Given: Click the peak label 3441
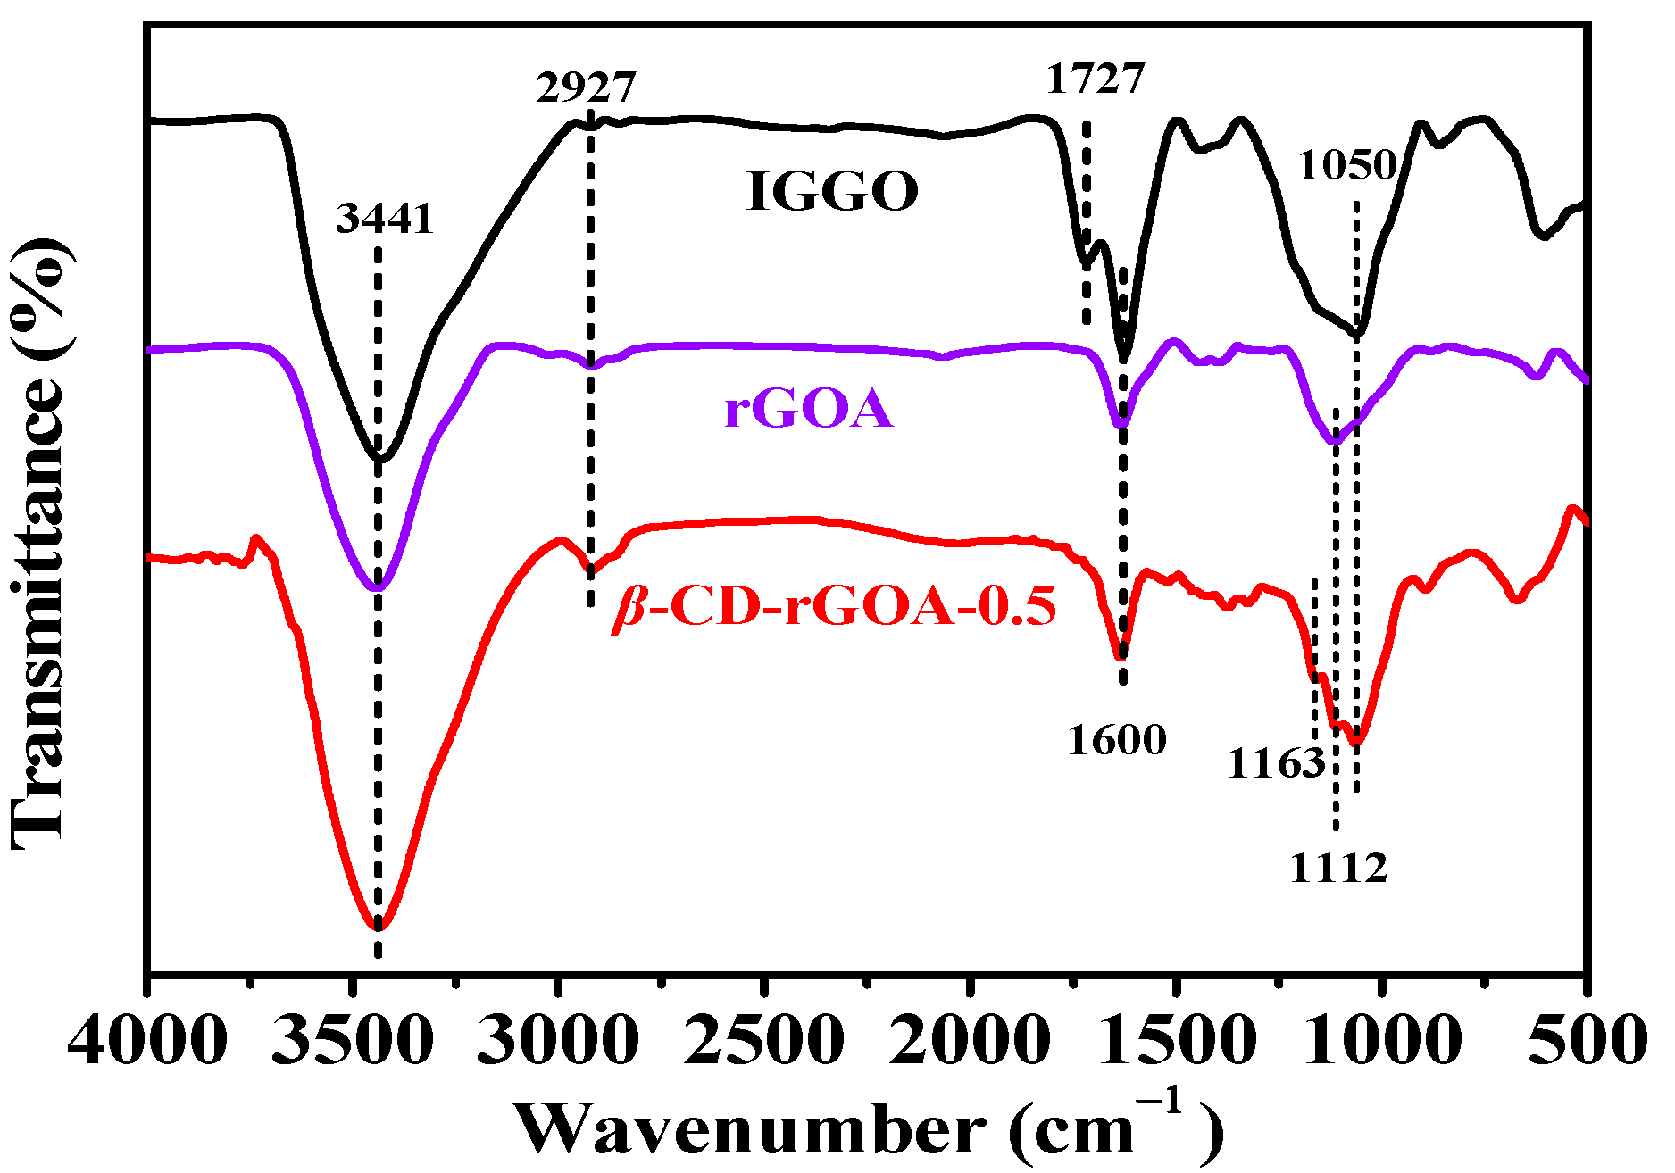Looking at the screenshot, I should [385, 219].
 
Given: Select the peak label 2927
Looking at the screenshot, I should [586, 87].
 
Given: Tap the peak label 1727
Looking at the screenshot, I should [1095, 79].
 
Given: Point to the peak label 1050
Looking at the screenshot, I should [1346, 165].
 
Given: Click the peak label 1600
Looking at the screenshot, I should [1117, 740].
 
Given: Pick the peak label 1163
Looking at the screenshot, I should [1276, 763].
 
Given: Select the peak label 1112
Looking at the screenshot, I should [1338, 867].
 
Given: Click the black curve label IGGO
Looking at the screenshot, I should [832, 191].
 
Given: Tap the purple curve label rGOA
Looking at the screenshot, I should [808, 410].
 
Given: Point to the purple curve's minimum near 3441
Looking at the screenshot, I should [377, 588].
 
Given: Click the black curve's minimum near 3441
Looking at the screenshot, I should [380, 459].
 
